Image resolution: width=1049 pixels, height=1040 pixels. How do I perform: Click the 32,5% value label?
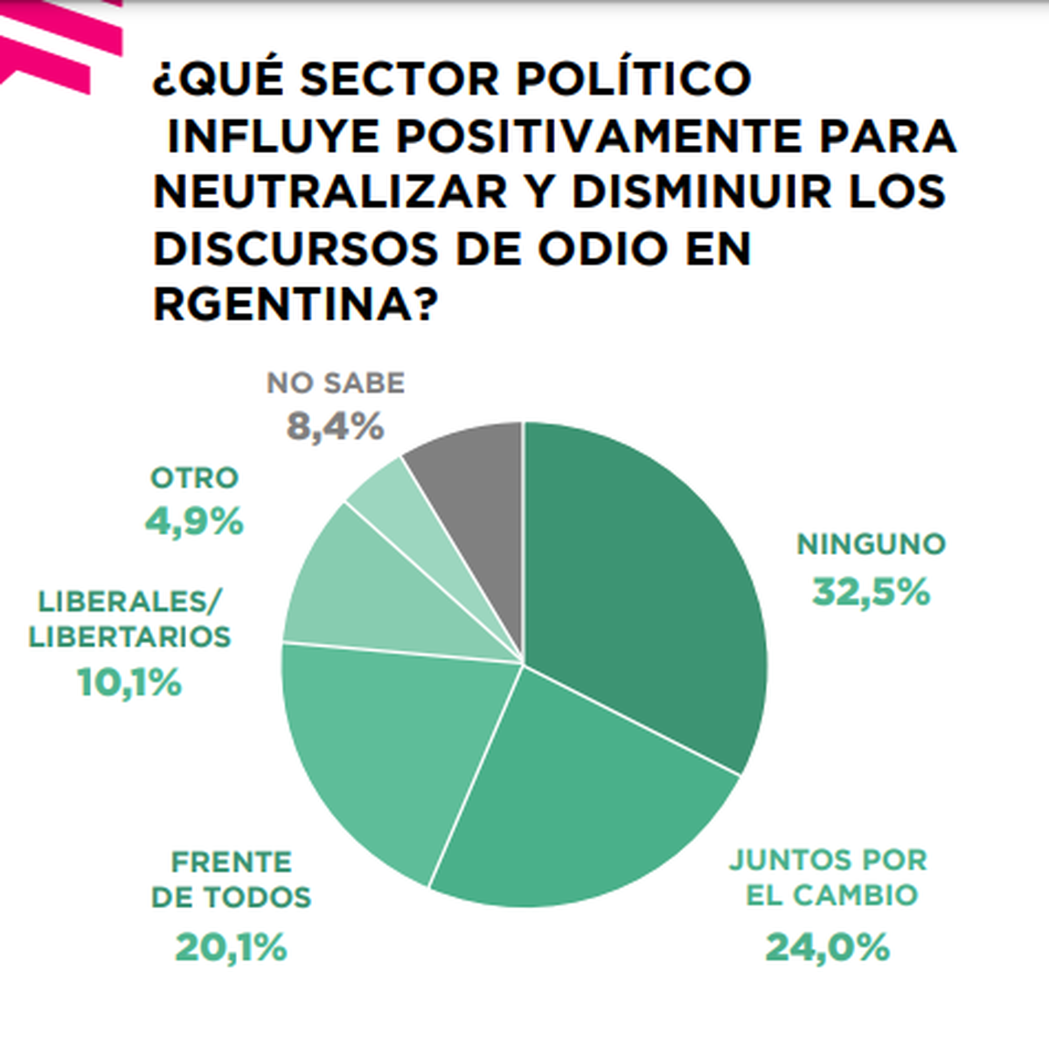(x=871, y=593)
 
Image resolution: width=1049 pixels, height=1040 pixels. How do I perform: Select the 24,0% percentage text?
(x=827, y=946)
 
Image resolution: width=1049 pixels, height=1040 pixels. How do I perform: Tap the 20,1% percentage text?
(x=231, y=947)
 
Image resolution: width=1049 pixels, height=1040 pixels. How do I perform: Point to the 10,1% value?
(x=129, y=683)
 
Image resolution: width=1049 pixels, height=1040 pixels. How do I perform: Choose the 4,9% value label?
(x=194, y=523)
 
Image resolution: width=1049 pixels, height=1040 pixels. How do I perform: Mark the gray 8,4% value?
(x=336, y=427)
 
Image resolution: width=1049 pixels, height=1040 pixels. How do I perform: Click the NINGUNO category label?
(x=871, y=544)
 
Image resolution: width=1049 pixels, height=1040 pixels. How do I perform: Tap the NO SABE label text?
(x=336, y=383)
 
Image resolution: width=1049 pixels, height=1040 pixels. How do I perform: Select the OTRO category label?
(x=194, y=478)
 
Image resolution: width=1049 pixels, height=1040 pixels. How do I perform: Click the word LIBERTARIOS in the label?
(x=129, y=636)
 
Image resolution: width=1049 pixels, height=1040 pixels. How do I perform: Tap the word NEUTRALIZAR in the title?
(x=330, y=192)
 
